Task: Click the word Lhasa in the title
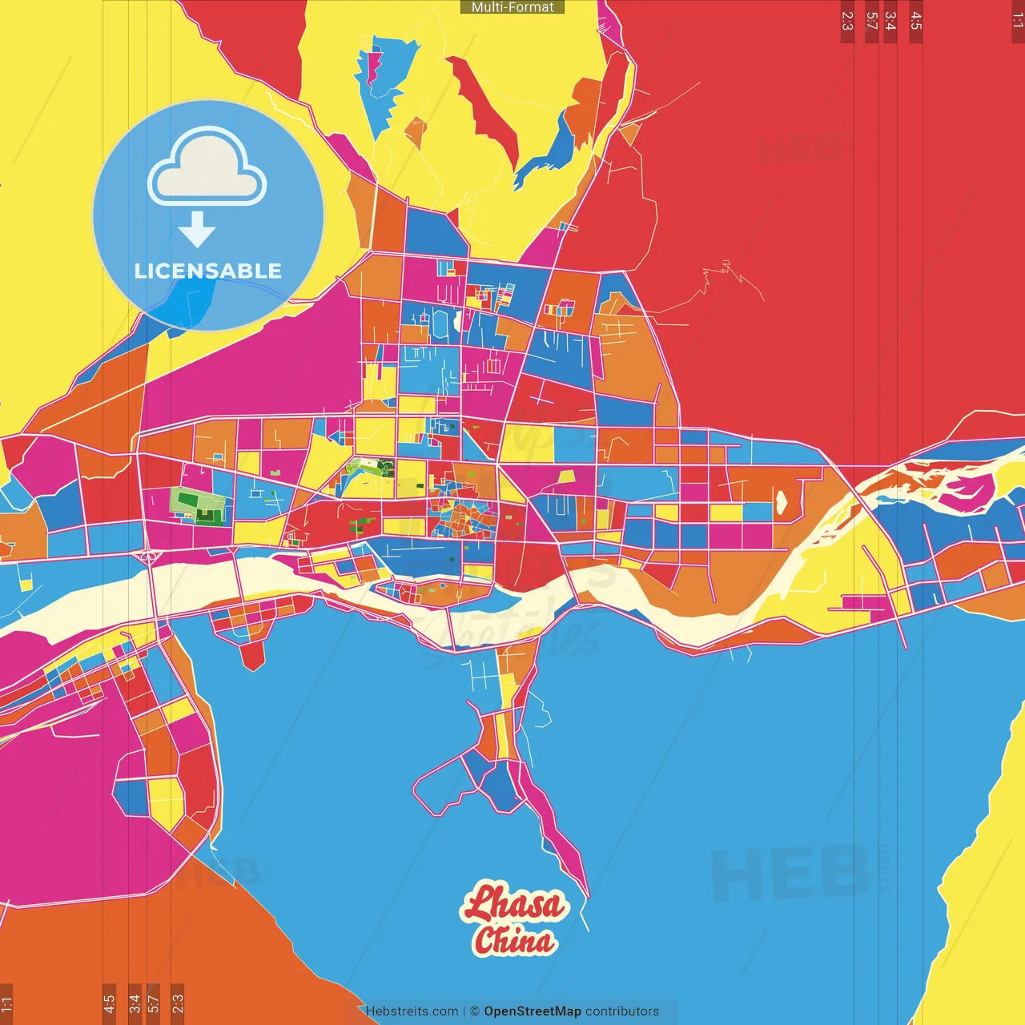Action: point(514,904)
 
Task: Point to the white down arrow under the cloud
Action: point(196,230)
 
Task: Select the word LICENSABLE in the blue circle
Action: point(207,271)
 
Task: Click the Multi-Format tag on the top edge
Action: point(512,7)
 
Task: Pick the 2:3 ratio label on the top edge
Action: point(847,21)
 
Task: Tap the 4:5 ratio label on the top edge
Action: point(916,21)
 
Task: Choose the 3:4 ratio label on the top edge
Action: point(890,21)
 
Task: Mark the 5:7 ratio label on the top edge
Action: point(871,21)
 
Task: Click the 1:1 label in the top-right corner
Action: point(1017,21)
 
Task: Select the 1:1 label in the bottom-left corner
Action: point(6,1003)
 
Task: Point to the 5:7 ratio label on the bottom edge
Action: point(154,1003)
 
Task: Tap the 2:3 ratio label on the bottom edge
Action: point(178,1003)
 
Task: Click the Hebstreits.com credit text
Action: point(412,1011)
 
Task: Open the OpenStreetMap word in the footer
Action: point(532,1011)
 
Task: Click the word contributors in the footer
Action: point(622,1011)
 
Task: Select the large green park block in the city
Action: point(198,506)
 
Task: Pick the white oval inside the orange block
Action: point(781,501)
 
